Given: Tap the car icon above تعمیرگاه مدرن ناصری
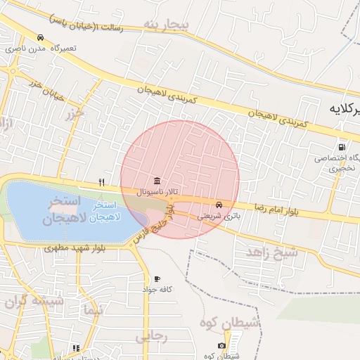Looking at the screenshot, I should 40,37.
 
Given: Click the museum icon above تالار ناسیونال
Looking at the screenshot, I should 155,179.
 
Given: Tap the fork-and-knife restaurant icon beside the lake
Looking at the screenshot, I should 102,182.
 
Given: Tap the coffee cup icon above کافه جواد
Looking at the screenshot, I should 157,278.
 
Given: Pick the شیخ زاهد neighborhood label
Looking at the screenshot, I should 272,252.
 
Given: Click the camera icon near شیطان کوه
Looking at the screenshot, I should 222,345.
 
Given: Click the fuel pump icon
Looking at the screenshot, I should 341,148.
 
